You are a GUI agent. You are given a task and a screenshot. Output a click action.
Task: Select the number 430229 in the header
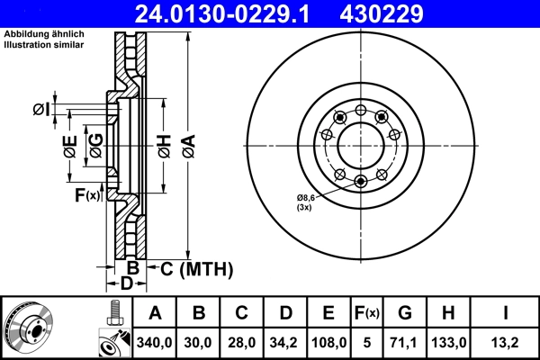point(394,13)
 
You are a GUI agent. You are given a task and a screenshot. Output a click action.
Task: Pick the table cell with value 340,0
point(155,342)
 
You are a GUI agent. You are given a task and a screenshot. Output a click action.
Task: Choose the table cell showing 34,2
point(284,342)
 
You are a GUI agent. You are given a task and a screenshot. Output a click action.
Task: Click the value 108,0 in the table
point(328,342)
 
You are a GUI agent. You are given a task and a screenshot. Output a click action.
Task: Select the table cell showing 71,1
point(405,342)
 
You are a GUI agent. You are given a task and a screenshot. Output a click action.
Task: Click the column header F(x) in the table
point(367,314)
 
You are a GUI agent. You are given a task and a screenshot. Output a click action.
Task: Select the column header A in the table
point(155,314)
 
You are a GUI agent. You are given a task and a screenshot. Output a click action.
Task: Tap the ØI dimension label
point(40,110)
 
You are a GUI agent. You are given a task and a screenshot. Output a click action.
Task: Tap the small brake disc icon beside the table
point(27,328)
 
